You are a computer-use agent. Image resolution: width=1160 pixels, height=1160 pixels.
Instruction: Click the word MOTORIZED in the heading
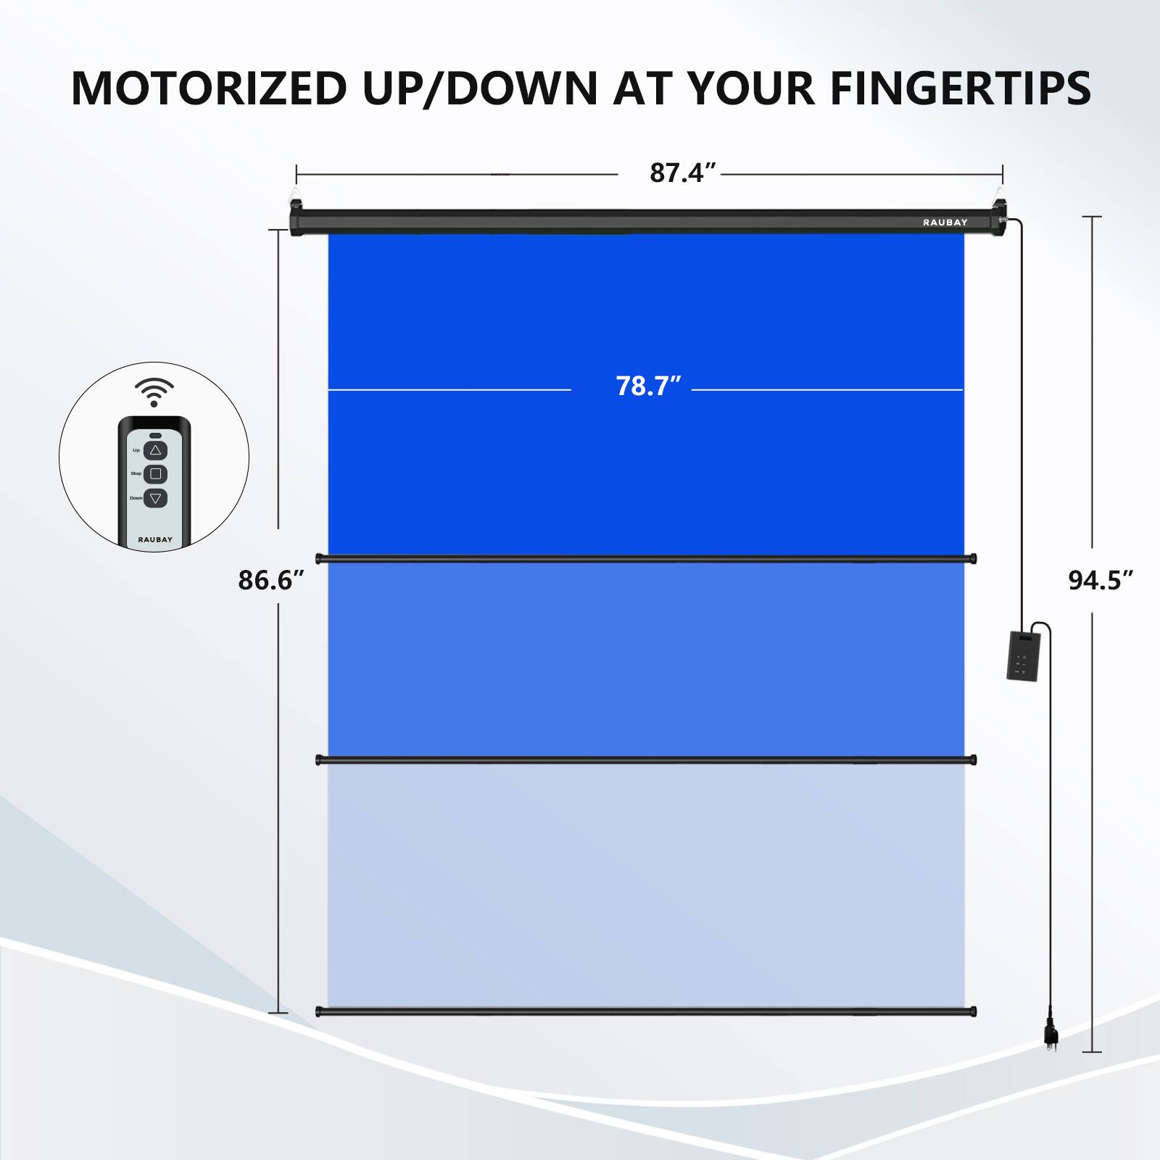point(210,88)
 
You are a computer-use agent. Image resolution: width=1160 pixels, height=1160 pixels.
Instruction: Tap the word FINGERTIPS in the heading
point(960,88)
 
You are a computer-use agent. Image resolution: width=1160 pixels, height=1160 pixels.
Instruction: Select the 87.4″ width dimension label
point(682,173)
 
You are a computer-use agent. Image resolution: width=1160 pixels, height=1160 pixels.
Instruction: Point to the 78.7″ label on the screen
point(648,386)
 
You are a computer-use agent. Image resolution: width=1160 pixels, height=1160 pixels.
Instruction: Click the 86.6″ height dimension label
point(270,580)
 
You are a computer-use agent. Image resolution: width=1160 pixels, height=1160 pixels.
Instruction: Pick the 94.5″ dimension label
point(1100,580)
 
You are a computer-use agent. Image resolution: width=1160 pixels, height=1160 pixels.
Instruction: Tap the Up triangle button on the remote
point(155,450)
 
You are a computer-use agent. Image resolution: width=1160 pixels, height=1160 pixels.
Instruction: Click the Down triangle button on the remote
point(155,498)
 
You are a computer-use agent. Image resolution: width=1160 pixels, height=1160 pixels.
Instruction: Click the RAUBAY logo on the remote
point(155,539)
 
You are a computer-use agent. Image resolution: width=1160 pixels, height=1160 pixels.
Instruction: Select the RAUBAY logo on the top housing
point(945,223)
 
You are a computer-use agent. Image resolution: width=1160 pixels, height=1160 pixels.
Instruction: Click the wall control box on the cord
point(1023,655)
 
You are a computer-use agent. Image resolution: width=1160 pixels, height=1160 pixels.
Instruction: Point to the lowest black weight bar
point(646,1011)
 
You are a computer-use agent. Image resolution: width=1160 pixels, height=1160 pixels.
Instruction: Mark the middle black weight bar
point(646,760)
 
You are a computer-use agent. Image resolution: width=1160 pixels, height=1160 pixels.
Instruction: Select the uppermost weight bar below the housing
point(646,558)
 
